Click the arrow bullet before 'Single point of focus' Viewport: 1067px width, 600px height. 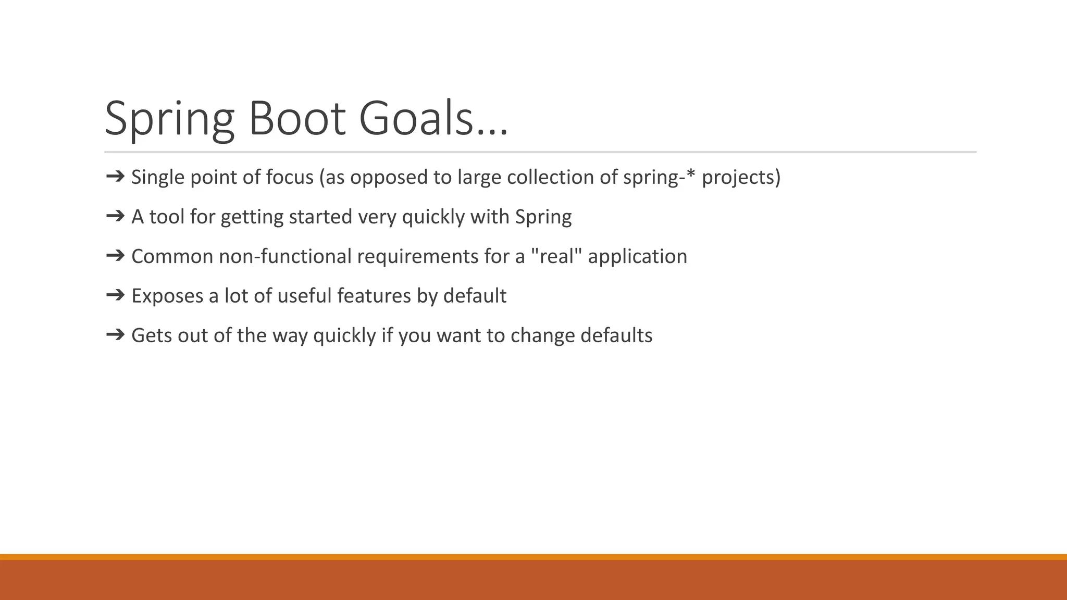click(115, 177)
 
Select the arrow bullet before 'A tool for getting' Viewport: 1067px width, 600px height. click(115, 216)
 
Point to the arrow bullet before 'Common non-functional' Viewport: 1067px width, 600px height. click(115, 256)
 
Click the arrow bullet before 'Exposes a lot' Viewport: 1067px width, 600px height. click(115, 295)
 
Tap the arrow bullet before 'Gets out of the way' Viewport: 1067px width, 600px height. click(115, 335)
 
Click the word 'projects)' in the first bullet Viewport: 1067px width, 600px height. click(741, 178)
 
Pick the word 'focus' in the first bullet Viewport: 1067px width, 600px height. click(290, 178)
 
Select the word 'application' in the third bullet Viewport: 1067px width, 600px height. click(637, 257)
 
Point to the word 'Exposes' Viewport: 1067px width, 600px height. click(167, 296)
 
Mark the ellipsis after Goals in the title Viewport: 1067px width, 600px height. click(493, 133)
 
